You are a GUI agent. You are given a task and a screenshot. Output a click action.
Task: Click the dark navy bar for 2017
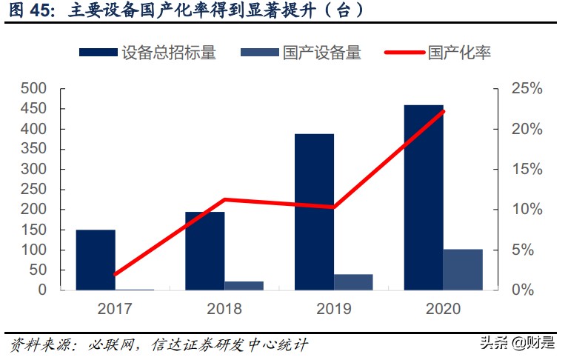(96, 260)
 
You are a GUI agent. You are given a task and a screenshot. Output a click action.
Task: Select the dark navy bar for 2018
(204, 251)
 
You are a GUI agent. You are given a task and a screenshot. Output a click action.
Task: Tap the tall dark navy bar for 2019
(314, 212)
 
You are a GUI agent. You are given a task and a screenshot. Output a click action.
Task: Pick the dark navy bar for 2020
(423, 197)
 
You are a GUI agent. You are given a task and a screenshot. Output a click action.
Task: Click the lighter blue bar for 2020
(463, 270)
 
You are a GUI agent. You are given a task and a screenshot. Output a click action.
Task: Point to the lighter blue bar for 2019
(353, 282)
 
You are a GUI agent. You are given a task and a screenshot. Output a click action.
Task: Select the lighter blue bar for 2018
(244, 285)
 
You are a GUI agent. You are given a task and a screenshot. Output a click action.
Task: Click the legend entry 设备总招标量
(147, 53)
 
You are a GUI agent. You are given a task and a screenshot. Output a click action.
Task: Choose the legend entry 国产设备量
(301, 53)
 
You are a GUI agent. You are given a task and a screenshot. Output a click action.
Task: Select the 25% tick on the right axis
(526, 89)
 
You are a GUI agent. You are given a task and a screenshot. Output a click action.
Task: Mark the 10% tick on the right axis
(526, 210)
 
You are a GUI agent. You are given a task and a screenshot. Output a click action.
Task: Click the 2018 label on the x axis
(224, 309)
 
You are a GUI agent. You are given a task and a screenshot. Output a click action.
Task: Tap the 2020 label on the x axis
(443, 309)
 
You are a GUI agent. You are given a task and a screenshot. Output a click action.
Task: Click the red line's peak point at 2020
(443, 111)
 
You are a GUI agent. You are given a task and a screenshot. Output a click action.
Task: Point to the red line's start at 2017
(116, 274)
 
